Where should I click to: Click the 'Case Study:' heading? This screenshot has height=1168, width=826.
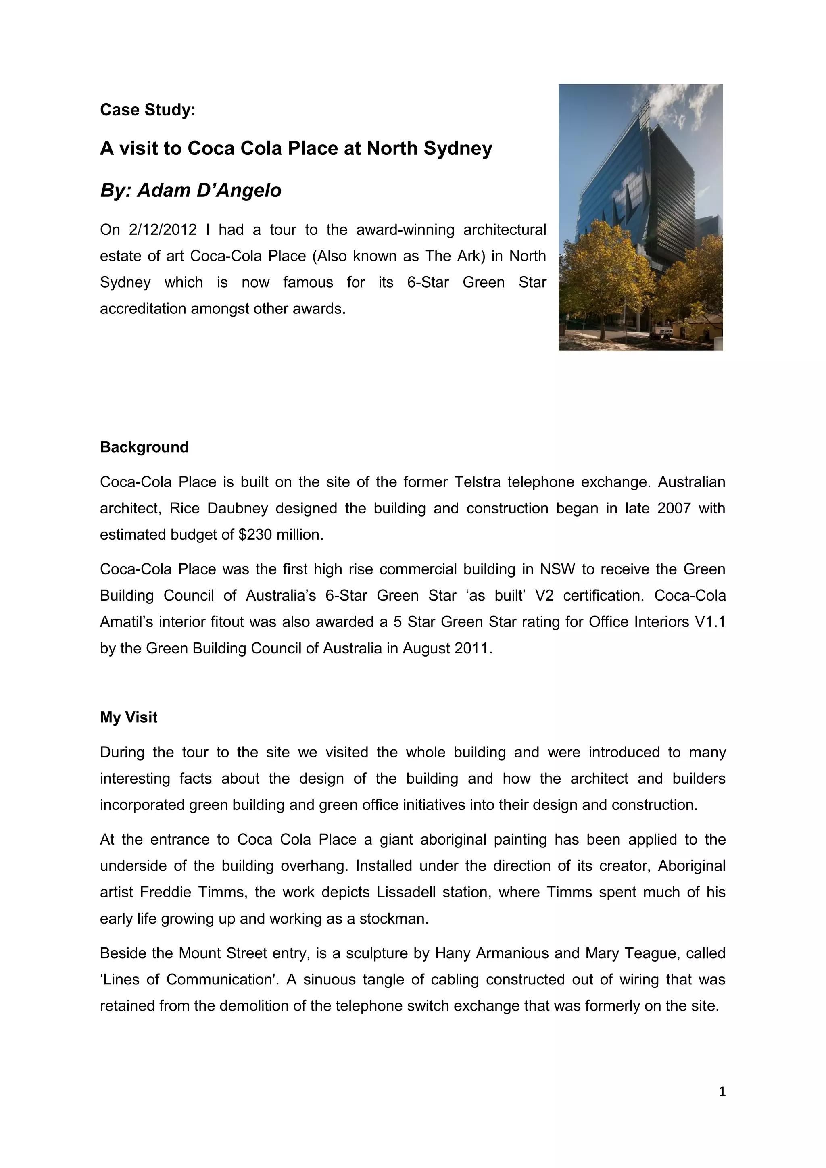(148, 110)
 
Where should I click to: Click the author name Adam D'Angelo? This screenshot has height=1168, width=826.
(209, 191)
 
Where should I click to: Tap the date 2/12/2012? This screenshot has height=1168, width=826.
(163, 230)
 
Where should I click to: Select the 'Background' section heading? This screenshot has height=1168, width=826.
(144, 447)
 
